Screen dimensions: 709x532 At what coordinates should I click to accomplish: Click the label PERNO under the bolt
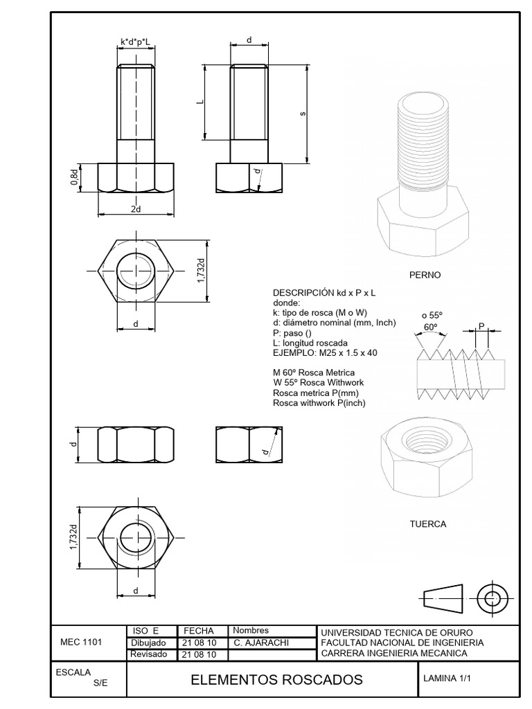click(x=425, y=275)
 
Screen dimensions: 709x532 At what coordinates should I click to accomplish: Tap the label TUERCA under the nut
click(x=427, y=524)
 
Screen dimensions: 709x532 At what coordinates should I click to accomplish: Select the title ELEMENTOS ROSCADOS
click(x=276, y=680)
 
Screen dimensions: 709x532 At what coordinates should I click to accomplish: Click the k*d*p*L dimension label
click(x=136, y=42)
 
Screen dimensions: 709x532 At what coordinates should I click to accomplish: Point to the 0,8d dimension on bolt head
click(x=74, y=177)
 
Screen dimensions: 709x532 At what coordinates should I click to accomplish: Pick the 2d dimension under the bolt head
click(x=136, y=209)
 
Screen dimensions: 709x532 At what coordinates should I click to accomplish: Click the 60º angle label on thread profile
click(x=431, y=327)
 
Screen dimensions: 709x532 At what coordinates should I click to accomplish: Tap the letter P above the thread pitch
click(x=482, y=325)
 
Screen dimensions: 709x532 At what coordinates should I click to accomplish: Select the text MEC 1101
click(x=81, y=642)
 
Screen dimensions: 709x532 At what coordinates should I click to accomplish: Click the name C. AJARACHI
click(x=261, y=643)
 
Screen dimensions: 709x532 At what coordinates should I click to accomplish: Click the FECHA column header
click(x=197, y=631)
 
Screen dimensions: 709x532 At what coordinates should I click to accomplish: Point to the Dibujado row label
click(x=148, y=643)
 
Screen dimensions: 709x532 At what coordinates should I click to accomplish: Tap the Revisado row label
click(x=148, y=654)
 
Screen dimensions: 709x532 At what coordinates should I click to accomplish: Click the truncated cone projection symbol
click(x=443, y=595)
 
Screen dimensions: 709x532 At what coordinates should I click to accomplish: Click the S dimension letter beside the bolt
click(x=303, y=114)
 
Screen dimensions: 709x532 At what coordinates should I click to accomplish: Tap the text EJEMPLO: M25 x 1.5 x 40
click(x=325, y=353)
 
